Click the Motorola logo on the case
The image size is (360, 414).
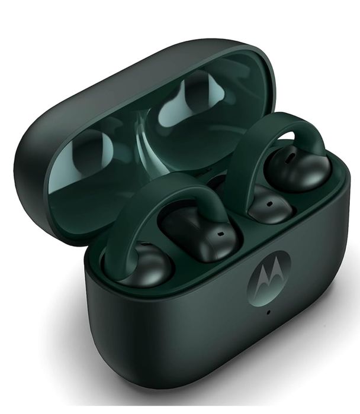[269, 277]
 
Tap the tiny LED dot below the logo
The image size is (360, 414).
[268, 311]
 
